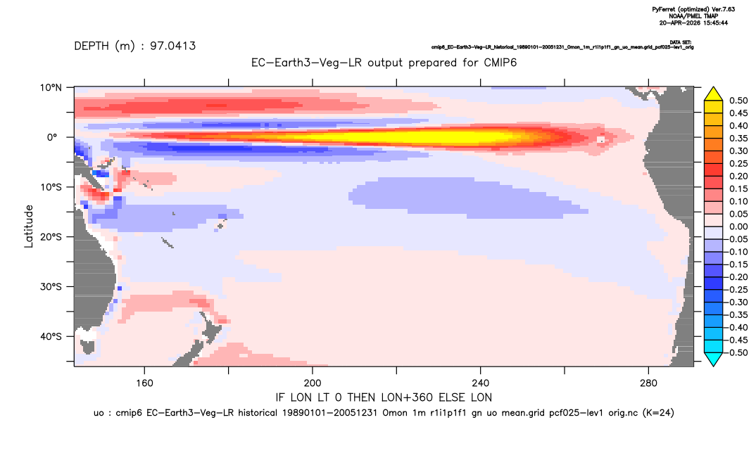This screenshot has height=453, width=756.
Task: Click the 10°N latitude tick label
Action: point(51,88)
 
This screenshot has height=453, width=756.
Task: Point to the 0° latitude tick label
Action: point(52,137)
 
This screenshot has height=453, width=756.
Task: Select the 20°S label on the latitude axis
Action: point(51,237)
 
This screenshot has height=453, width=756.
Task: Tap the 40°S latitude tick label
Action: point(51,336)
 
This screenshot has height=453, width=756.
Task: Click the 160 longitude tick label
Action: point(144,383)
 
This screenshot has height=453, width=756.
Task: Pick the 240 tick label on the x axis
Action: point(481,383)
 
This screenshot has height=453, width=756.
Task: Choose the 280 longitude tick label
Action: point(648,383)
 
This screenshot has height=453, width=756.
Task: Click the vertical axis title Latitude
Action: point(29,226)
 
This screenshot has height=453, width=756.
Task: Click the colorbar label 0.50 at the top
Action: point(738,101)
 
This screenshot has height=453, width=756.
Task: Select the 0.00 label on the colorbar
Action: point(738,226)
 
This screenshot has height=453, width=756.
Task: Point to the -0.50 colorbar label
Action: point(737,352)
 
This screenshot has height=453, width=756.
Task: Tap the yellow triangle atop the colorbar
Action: point(714,94)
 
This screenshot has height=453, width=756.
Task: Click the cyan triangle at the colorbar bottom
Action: point(714,359)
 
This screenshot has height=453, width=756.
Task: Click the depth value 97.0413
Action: point(173,46)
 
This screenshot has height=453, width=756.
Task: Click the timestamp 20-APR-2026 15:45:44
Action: point(694,23)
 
